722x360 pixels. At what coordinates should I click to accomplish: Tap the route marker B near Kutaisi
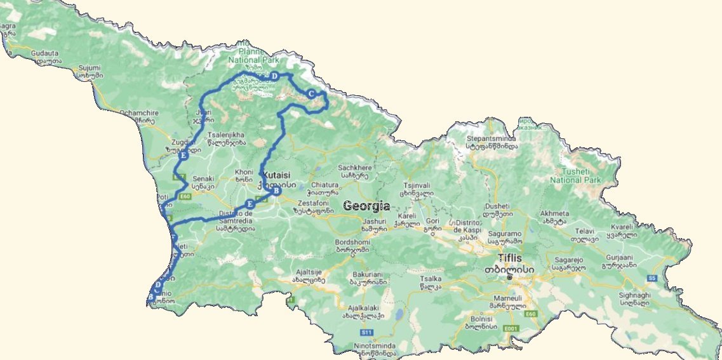(275, 190)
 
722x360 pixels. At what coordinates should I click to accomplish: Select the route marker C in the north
(311, 94)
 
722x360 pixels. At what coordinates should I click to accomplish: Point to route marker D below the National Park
(274, 76)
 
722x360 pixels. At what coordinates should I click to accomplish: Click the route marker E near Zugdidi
(183, 156)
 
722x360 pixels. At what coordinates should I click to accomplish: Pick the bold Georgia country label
(366, 206)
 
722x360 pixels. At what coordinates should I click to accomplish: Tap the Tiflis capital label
(512, 258)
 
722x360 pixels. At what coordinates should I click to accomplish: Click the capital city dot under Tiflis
(509, 277)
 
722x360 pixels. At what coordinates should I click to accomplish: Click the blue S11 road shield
(366, 332)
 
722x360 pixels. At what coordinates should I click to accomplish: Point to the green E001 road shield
(509, 328)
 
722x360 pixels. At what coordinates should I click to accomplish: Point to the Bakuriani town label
(368, 275)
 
